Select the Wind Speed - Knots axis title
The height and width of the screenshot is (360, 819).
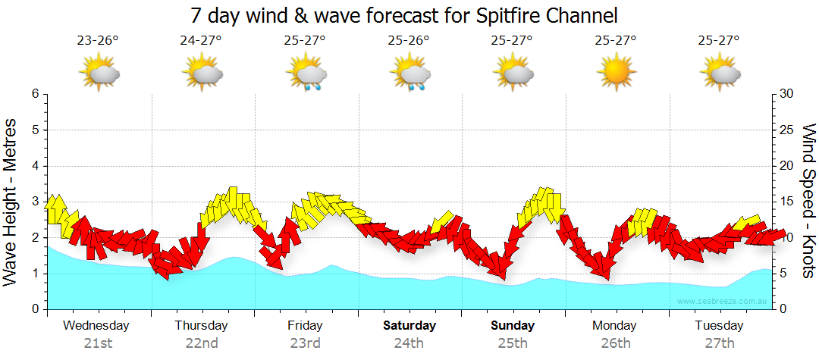pyautogui.click(x=808, y=201)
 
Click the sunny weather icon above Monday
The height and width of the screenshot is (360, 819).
pyautogui.click(x=616, y=74)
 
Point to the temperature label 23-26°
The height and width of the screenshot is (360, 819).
pyautogui.click(x=98, y=41)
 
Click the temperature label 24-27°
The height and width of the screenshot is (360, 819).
pyautogui.click(x=201, y=41)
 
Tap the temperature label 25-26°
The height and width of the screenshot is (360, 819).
pyautogui.click(x=409, y=41)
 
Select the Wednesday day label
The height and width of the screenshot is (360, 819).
pyautogui.click(x=96, y=326)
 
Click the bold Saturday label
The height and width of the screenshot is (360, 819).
pyautogui.click(x=409, y=326)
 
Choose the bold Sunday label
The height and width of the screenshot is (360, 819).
pyautogui.click(x=513, y=326)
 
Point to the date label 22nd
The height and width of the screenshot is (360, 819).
pyautogui.click(x=202, y=343)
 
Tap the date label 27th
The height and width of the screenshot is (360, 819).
pyautogui.click(x=720, y=343)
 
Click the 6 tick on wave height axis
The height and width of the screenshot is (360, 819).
pyautogui.click(x=35, y=94)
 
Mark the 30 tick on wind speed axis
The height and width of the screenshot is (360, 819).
pyautogui.click(x=787, y=94)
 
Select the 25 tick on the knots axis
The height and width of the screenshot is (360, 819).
pyautogui.click(x=787, y=130)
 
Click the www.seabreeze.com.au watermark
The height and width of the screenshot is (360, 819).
pyautogui.click(x=723, y=301)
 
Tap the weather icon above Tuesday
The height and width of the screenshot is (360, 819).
pyautogui.click(x=720, y=74)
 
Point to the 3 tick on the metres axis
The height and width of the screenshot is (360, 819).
pyautogui.click(x=35, y=202)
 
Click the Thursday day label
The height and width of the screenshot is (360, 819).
pyautogui.click(x=201, y=326)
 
